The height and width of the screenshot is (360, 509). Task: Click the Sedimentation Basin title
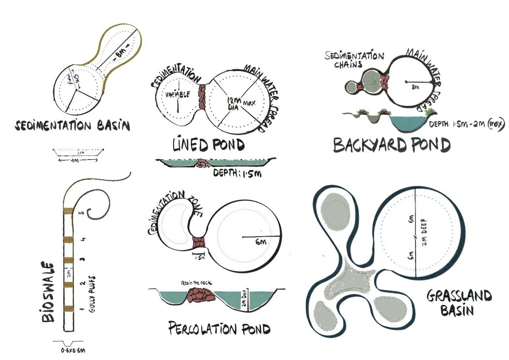click(x=72, y=126)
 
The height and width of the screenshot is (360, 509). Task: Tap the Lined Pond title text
click(x=208, y=145)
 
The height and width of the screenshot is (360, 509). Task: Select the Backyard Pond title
click(x=391, y=145)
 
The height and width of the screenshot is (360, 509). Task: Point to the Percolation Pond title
click(x=219, y=329)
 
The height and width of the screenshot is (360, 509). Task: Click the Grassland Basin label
click(x=459, y=302)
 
